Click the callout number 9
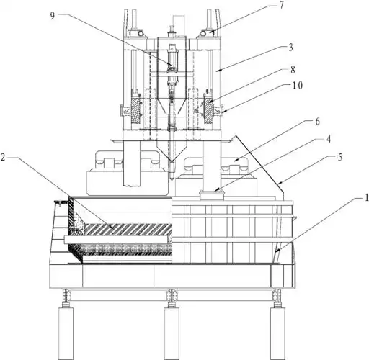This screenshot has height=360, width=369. [x=53, y=15]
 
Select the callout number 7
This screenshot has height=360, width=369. [x=281, y=5]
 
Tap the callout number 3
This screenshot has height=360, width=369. [x=290, y=48]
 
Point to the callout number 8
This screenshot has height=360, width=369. [x=293, y=70]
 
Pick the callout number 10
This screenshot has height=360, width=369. [x=298, y=85]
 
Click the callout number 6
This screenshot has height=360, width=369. [x=317, y=122]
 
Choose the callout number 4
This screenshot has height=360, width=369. [x=329, y=139]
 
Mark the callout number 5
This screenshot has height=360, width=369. [x=339, y=157]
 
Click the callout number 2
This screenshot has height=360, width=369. [x=3, y=158]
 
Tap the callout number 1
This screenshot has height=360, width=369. [x=367, y=197]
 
